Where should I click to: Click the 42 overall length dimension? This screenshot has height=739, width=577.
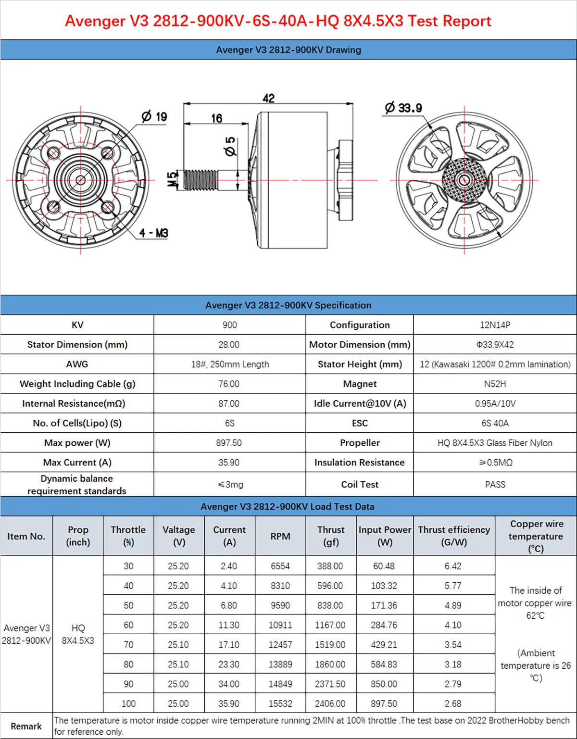pyautogui.click(x=268, y=98)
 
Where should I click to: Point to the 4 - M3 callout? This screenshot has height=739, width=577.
pyautogui.click(x=154, y=233)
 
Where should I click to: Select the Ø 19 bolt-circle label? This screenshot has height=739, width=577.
pyautogui.click(x=154, y=116)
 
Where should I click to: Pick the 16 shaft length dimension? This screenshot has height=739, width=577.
pyautogui.click(x=216, y=118)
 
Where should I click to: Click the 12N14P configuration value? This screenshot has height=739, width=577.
pyautogui.click(x=495, y=325)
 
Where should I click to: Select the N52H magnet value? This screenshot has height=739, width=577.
pyautogui.click(x=495, y=384)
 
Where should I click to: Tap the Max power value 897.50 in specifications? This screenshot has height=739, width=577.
pyautogui.click(x=229, y=443)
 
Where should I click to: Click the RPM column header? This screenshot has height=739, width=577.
pyautogui.click(x=280, y=536)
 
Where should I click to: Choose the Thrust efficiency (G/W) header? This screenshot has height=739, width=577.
pyautogui.click(x=454, y=536)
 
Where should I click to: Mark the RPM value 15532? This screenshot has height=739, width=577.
pyautogui.click(x=280, y=703)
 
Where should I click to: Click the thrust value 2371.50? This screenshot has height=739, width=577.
pyautogui.click(x=330, y=684)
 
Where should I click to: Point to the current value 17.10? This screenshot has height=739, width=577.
pyautogui.click(x=229, y=645)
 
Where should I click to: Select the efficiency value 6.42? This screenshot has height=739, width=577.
pyautogui.click(x=453, y=566)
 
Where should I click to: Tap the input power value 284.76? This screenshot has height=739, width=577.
pyautogui.click(x=384, y=625)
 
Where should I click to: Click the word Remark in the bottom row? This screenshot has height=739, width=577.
pyautogui.click(x=26, y=726)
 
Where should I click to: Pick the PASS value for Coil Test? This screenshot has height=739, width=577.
pyautogui.click(x=495, y=485)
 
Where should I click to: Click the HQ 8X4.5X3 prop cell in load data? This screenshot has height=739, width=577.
pyautogui.click(x=78, y=634)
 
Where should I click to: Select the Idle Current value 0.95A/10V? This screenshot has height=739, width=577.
pyautogui.click(x=495, y=404)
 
